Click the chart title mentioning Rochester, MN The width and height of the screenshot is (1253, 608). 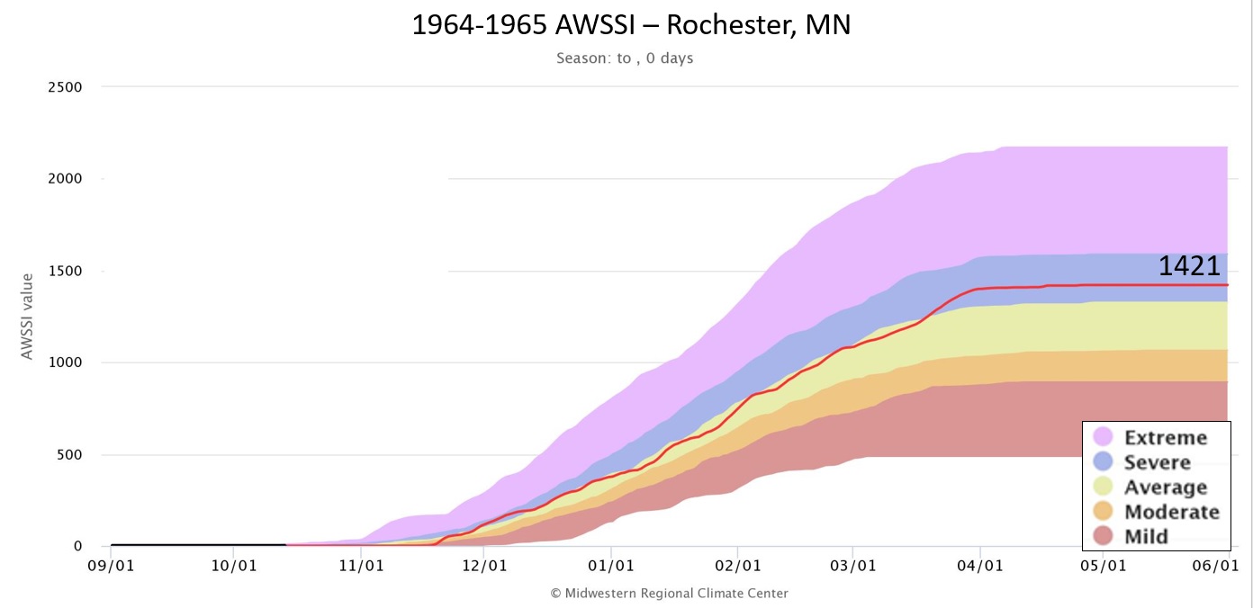[x=631, y=24]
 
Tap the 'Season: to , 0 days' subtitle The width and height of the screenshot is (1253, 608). [x=625, y=58]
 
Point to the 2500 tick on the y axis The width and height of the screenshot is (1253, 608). [x=64, y=87]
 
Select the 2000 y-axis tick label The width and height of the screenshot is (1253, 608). [x=64, y=179]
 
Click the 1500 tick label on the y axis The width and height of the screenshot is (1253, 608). [x=64, y=271]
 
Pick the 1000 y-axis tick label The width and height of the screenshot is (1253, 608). [x=64, y=362]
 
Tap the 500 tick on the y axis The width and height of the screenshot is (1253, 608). [x=68, y=454]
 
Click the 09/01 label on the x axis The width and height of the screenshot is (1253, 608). [x=111, y=567]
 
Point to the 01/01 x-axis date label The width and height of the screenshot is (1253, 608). [x=611, y=567]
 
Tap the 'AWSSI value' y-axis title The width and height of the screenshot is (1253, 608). [x=27, y=317]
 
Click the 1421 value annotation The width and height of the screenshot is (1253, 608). [x=1188, y=266]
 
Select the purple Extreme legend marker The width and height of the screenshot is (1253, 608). [x=1104, y=437]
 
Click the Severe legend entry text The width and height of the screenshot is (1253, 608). [x=1157, y=462]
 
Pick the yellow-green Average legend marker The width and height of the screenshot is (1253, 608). [x=1104, y=487]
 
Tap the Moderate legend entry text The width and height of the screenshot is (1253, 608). [x=1171, y=512]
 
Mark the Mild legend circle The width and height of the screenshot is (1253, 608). [x=1104, y=536]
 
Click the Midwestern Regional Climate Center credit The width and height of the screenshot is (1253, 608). [x=669, y=593]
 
